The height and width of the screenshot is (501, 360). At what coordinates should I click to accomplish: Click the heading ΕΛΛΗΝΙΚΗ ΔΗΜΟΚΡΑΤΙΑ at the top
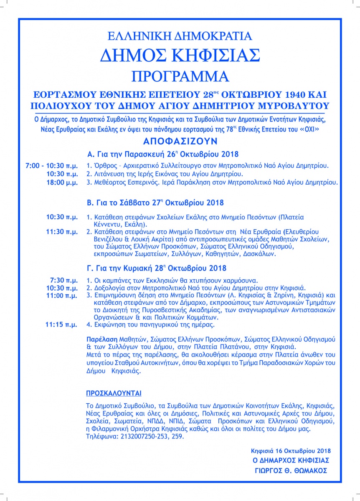(x=180, y=36)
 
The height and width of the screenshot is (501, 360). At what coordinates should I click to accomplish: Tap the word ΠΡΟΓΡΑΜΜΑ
(x=180, y=77)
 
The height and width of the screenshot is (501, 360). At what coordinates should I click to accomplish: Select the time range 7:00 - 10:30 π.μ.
(x=51, y=166)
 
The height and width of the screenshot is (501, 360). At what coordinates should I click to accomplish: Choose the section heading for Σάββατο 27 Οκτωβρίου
(x=155, y=203)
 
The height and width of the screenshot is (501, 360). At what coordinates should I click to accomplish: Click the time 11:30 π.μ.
(x=62, y=231)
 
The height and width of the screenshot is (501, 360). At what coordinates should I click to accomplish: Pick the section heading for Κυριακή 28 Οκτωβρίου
(x=157, y=268)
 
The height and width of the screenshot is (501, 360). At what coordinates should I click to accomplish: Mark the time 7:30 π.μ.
(x=63, y=280)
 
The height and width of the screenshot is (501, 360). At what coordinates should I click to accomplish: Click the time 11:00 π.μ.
(x=62, y=296)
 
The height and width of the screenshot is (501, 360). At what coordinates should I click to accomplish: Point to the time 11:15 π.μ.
(x=62, y=324)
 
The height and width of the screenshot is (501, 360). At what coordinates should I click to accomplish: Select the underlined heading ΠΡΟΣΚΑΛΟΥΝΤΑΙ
(x=114, y=393)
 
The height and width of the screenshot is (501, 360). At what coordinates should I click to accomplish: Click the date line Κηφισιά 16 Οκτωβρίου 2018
(x=291, y=451)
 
